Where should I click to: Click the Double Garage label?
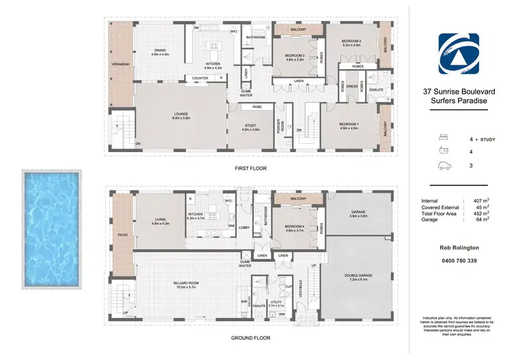pos(358,275)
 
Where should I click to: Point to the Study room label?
pos(251,127)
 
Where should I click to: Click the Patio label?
pos(121,235)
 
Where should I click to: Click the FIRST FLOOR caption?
pos(251,168)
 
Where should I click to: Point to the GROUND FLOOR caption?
pos(251,338)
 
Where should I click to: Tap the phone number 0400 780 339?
pos(459,261)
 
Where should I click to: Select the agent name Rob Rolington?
pos(459,249)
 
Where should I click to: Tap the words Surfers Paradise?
pos(459,101)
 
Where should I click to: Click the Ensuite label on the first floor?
pos(377,89)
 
